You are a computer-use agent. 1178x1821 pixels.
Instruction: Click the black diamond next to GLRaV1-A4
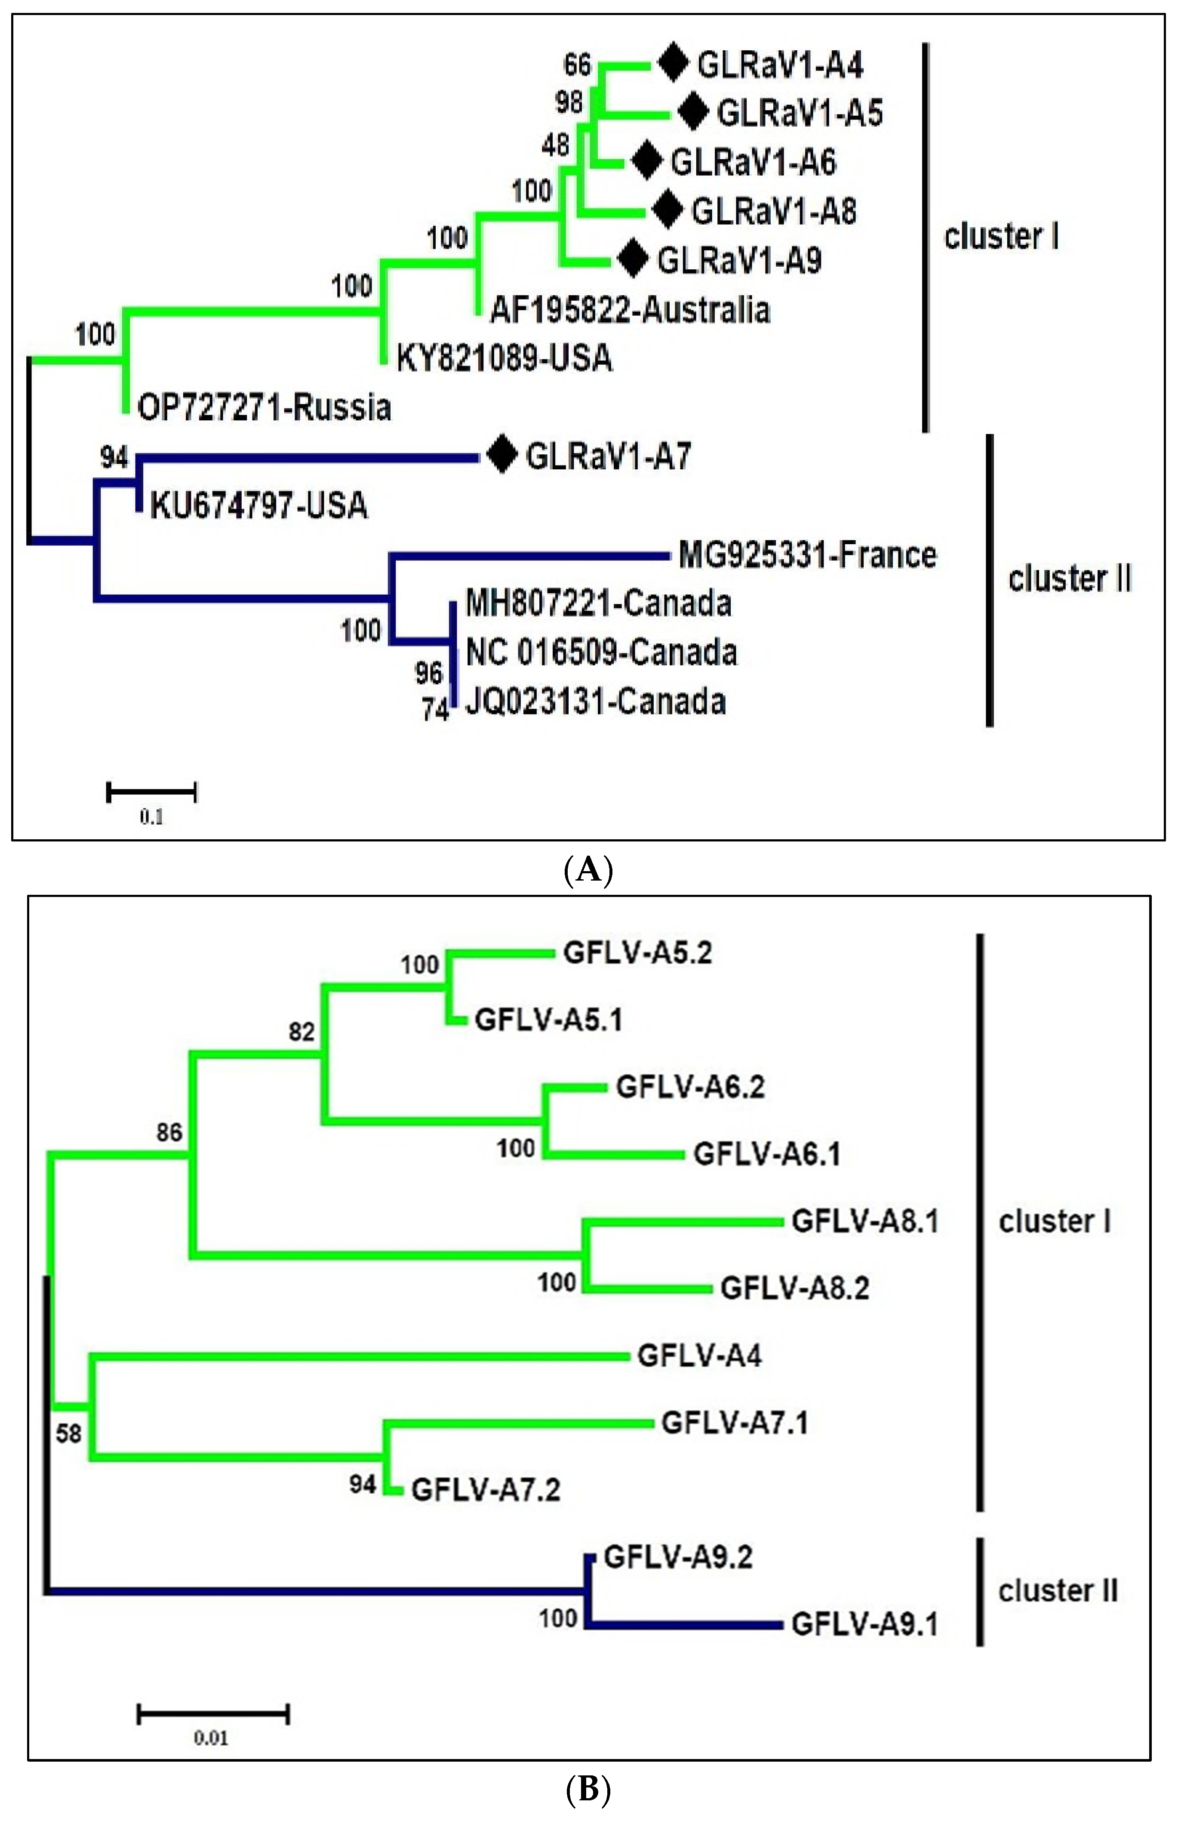click(673, 63)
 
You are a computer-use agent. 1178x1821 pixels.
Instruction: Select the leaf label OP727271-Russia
click(264, 407)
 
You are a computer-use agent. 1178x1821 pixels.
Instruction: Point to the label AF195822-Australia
click(630, 310)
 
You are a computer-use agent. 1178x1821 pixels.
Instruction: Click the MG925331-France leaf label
click(807, 555)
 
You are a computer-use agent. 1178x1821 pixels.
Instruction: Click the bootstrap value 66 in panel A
click(578, 65)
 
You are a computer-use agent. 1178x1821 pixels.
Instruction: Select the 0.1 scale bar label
click(151, 817)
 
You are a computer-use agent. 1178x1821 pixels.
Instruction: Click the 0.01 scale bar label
click(211, 1738)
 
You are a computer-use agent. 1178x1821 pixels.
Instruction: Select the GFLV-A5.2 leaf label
click(637, 952)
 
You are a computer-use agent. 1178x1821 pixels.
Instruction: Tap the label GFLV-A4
click(699, 1356)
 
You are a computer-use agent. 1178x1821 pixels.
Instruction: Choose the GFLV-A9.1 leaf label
click(864, 1624)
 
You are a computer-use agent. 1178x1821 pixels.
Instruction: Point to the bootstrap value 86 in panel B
click(170, 1132)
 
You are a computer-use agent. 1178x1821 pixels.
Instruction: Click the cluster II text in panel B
click(1057, 1591)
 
